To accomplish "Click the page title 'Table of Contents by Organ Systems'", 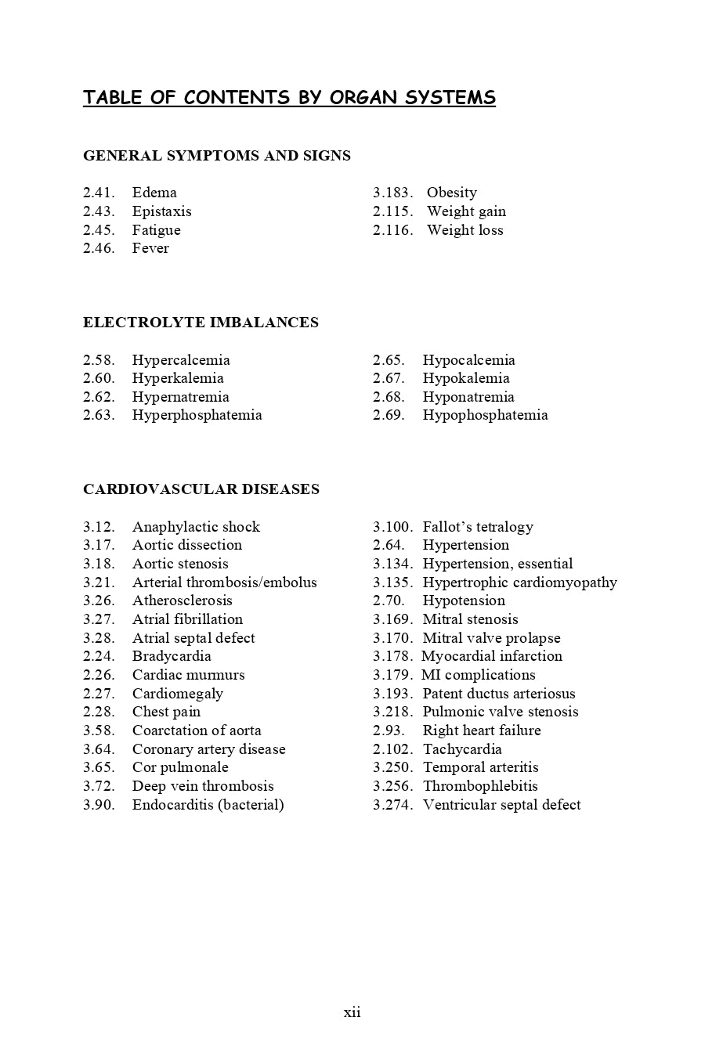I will coord(289,98).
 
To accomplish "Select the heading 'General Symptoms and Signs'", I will coord(217,156).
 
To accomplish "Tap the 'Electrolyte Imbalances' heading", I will coord(201,323).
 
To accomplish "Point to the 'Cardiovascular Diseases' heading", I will coord(201,489).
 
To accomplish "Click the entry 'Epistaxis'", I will coord(161,211).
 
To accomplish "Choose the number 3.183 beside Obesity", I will coord(392,193).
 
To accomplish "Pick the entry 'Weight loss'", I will coord(465,230).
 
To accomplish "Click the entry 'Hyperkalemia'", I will coord(178,378).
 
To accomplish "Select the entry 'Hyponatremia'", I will coord(468,397).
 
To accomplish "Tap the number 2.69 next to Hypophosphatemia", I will coord(389,415).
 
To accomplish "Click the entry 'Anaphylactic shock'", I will coord(196,527).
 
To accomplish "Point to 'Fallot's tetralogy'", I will coord(478,527).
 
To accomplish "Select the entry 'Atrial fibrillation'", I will coord(187,619).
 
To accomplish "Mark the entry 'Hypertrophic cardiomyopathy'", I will coord(519,583).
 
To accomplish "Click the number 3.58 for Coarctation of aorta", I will coord(99,731).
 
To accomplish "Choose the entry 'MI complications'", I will coord(478,675).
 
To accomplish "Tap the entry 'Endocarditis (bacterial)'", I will coord(208,805).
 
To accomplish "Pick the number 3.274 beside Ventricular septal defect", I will coord(392,805).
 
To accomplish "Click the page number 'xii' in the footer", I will coord(352,1012).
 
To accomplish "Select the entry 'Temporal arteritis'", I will coord(480,767).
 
